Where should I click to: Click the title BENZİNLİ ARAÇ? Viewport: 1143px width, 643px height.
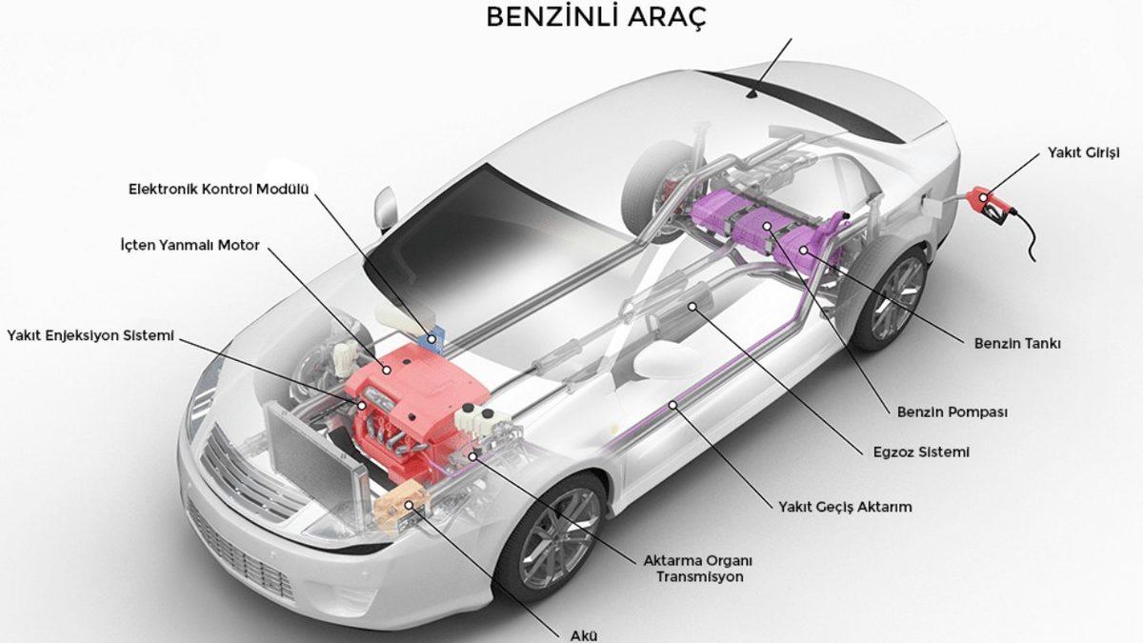(596, 18)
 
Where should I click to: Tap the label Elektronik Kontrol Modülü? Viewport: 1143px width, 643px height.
(220, 189)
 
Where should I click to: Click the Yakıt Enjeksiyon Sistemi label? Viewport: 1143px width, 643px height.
(90, 335)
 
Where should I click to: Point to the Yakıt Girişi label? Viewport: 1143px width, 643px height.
(1082, 152)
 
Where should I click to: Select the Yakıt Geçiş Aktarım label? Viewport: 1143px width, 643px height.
(839, 507)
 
